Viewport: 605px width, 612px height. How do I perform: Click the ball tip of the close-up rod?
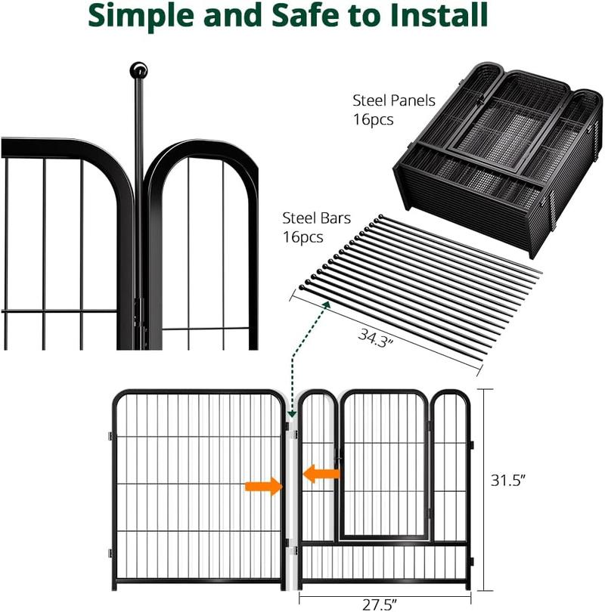tap(138, 71)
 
